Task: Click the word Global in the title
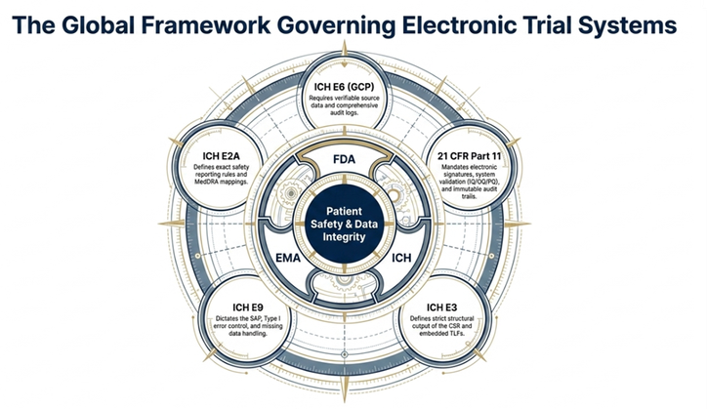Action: (x=97, y=24)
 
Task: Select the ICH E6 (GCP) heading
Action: (x=344, y=87)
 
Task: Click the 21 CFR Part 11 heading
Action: (x=469, y=156)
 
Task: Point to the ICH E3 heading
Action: (x=441, y=307)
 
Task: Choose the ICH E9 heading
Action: (x=247, y=307)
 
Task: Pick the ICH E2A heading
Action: (x=221, y=156)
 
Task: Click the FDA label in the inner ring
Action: (x=344, y=159)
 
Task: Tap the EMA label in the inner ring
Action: (x=288, y=258)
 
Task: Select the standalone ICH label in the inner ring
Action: (x=401, y=258)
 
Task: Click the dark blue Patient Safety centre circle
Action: (x=344, y=224)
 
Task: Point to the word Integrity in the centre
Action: (x=344, y=237)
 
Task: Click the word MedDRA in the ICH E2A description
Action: (x=206, y=182)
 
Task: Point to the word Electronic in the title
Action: (x=459, y=24)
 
